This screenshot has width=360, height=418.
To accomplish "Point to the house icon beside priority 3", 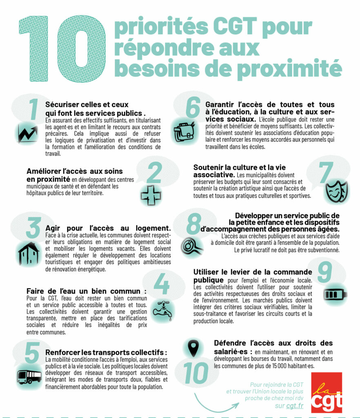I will [29, 253].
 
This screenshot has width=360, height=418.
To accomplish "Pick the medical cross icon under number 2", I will [151, 196].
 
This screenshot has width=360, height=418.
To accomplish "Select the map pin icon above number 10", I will [193, 347].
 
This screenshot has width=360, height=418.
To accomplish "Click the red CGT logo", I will [326, 392].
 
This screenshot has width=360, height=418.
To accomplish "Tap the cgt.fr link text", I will [295, 405].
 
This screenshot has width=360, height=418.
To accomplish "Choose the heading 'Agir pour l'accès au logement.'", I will [108, 228].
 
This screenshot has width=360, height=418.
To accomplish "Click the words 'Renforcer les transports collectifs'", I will [106, 352].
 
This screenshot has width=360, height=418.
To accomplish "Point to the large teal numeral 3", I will [33, 227].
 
